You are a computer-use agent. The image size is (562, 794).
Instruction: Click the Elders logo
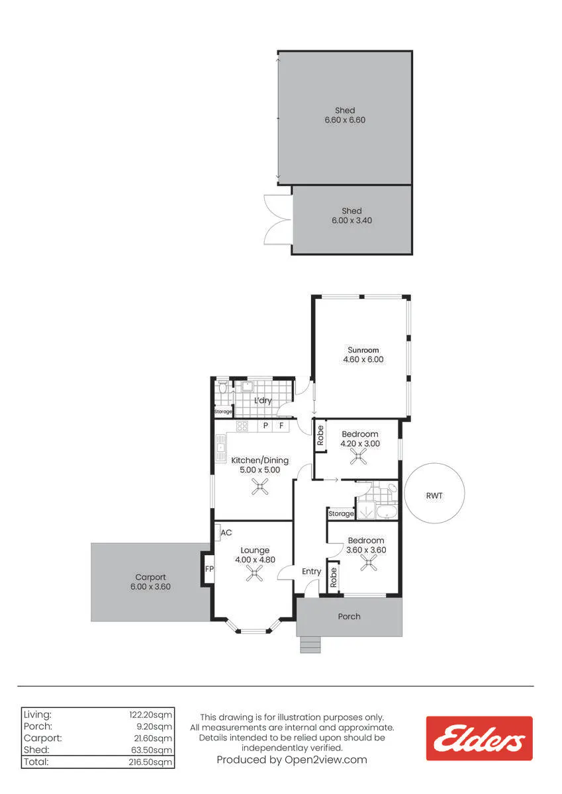tap(479, 738)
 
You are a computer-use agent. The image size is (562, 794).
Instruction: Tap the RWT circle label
tap(434, 496)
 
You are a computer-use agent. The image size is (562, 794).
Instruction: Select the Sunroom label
tap(363, 350)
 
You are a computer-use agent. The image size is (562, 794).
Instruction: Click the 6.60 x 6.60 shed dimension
tap(345, 120)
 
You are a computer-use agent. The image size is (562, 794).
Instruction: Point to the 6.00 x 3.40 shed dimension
tap(351, 220)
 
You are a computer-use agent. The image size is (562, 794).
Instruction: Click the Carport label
tap(150, 578)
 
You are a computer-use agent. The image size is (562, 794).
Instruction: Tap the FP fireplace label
tap(209, 569)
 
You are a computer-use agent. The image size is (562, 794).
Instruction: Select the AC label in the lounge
tap(226, 533)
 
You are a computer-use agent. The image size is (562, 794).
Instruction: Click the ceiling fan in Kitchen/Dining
tap(260, 486)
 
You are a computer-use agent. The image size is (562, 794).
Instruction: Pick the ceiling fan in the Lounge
tap(255, 573)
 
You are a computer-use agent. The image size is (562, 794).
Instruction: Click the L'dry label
tap(263, 400)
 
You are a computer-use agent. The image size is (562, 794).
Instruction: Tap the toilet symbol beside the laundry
tap(222, 387)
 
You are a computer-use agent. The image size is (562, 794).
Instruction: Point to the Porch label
tap(350, 617)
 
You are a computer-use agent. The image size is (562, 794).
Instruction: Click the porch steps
tap(310, 644)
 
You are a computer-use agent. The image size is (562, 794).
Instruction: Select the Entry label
tap(311, 572)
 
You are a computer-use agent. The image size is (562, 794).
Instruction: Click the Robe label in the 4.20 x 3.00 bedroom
tap(320, 435)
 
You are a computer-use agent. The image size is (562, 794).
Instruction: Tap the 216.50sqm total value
tap(150, 762)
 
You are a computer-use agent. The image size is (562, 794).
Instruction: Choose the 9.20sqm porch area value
tap(154, 727)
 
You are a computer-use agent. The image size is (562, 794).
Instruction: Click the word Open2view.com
tap(326, 760)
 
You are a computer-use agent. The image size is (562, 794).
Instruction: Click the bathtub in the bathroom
tap(387, 512)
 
